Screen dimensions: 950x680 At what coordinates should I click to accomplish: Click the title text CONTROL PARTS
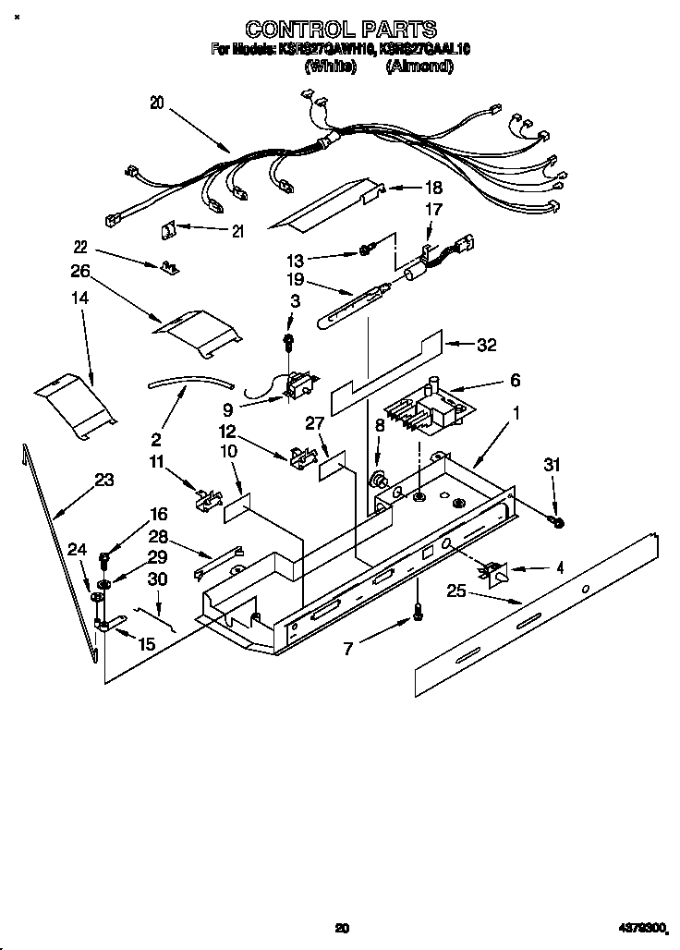[x=340, y=30]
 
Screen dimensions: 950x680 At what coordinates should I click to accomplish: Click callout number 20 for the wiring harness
[x=156, y=104]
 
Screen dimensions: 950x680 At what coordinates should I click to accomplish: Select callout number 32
[x=487, y=345]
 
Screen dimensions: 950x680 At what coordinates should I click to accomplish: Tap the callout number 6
[x=515, y=380]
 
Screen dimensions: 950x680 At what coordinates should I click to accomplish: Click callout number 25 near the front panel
[x=455, y=591]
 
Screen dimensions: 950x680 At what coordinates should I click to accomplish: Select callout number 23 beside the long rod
[x=105, y=479]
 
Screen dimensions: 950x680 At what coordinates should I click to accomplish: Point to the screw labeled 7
[x=418, y=609]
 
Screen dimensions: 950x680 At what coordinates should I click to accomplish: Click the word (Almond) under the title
[x=419, y=67]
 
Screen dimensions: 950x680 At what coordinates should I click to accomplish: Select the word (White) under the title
[x=330, y=67]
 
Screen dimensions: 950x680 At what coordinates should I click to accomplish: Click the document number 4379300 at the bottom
[x=639, y=927]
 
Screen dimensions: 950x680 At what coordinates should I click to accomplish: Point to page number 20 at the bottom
[x=342, y=927]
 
